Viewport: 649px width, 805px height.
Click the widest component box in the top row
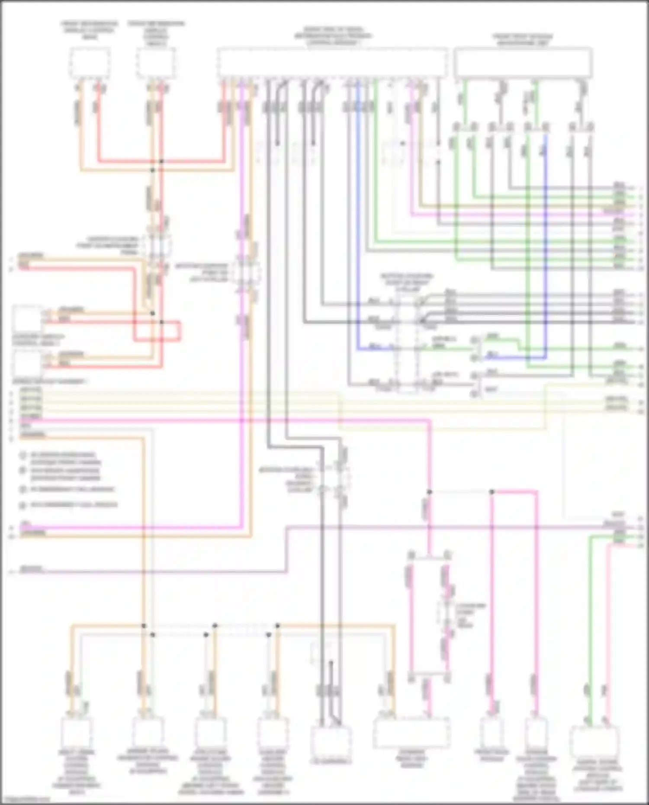coord(332,63)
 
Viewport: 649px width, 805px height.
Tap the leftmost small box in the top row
coord(90,63)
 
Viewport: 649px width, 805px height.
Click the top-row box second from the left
coord(156,63)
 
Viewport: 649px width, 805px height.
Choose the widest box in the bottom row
coord(411,732)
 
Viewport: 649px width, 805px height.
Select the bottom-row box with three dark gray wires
coord(331,740)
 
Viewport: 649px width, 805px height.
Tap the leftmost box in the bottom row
coord(77,732)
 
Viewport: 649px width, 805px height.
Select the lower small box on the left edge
coord(27,362)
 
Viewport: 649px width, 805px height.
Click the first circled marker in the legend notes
coord(22,455)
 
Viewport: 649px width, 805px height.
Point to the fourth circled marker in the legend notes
coord(22,505)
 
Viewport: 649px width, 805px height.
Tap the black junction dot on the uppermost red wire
coord(161,161)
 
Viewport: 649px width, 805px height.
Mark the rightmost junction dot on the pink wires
coord(492,492)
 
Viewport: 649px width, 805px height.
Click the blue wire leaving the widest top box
coord(357,216)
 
